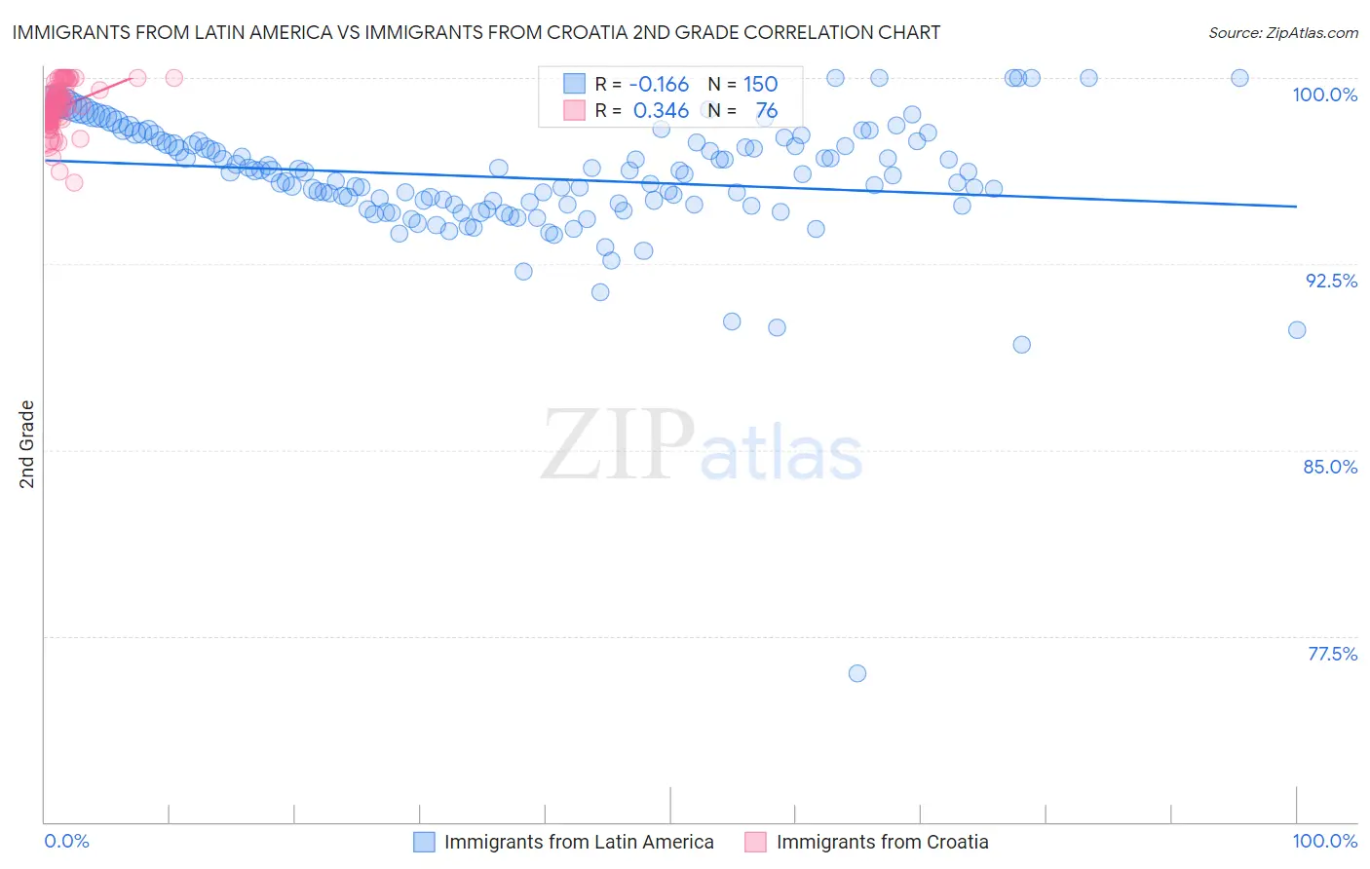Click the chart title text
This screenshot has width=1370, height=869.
point(476,32)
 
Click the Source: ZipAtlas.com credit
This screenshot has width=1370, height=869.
point(1282,32)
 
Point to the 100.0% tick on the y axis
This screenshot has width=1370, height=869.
point(1324,94)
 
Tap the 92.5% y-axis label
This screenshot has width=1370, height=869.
point(1331,281)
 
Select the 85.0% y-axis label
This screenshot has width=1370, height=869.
point(1330,467)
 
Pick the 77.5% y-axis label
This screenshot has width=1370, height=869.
point(1332,654)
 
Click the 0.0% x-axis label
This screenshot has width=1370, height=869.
point(66,842)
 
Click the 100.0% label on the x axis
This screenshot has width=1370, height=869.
point(1324,842)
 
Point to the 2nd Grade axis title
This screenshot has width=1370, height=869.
point(27,443)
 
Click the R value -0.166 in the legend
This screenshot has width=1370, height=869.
point(659,84)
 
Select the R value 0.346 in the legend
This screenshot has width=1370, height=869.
point(661,111)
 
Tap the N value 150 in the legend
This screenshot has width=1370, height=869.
point(760,84)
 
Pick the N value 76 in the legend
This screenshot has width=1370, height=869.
point(766,111)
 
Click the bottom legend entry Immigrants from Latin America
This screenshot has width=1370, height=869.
point(579,842)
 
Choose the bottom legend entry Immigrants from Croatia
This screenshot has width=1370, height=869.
point(882,842)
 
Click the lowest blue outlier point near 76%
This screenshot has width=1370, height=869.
point(857,673)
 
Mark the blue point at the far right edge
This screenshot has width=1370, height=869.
point(1297,330)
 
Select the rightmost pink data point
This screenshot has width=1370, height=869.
point(174,78)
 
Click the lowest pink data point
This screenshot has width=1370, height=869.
point(74,182)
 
